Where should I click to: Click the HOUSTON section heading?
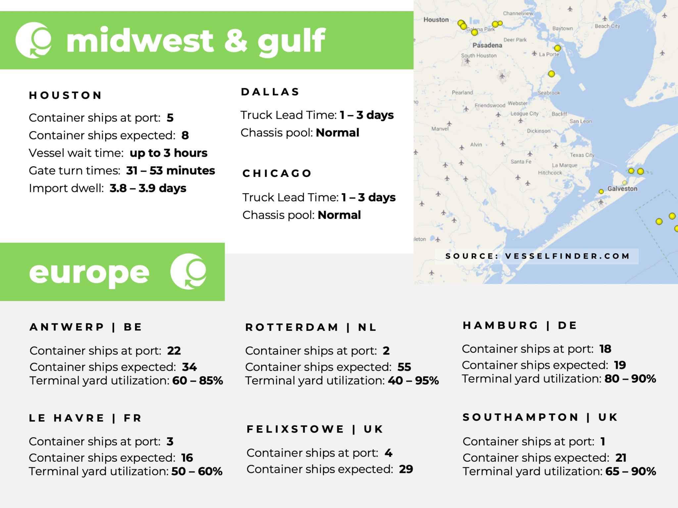65,95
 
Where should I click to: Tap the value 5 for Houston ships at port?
170,118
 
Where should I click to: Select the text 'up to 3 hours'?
168,153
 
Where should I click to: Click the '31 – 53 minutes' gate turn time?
170,170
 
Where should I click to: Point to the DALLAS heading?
270,92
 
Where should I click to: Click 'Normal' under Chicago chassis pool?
339,215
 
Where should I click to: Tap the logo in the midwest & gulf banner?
33,40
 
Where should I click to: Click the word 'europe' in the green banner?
89,273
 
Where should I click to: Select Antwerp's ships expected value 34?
189,367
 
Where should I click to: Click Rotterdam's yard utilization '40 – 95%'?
413,380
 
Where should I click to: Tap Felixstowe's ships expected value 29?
406,469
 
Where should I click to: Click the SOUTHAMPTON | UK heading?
540,417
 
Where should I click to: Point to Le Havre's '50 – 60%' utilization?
197,471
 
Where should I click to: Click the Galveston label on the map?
622,189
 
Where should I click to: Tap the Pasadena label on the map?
487,45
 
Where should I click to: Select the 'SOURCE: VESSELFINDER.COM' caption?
537,256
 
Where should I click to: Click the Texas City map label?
582,155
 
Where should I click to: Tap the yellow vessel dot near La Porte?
557,48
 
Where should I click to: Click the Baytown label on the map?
562,28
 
